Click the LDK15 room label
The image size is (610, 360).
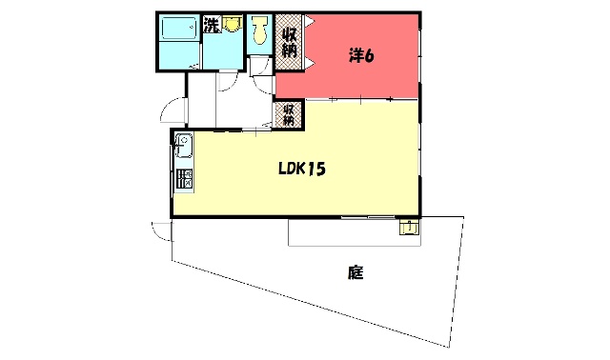(302, 169)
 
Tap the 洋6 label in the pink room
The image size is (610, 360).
(361, 56)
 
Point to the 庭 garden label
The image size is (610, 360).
(356, 272)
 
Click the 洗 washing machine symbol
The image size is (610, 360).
(212, 26)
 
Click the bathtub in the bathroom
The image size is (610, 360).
(178, 28)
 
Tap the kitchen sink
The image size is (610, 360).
(184, 145)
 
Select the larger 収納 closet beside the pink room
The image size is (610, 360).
(289, 42)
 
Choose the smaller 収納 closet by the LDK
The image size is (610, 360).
(288, 114)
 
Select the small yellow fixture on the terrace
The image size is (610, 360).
(409, 227)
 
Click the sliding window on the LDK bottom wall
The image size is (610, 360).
(368, 216)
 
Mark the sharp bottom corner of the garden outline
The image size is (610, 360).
(448, 348)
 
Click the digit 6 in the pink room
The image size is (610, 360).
(369, 56)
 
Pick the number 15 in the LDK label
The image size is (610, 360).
(316, 170)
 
